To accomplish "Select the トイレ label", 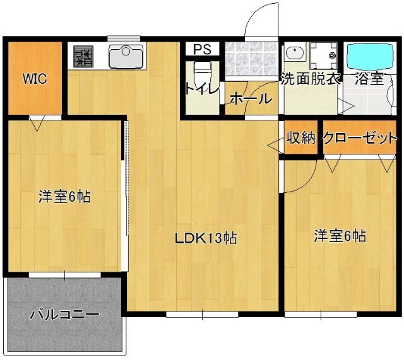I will click(x=201, y=89).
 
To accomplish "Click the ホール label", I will click(x=251, y=98).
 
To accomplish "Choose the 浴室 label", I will click(x=369, y=80).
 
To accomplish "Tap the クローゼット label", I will click(x=360, y=138).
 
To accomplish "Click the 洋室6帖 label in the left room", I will click(x=64, y=197).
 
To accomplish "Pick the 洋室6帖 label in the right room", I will click(x=340, y=236).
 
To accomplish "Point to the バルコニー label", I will click(x=64, y=314).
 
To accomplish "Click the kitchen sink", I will click(x=127, y=56).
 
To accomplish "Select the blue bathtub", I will click(x=371, y=57).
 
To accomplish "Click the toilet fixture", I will click(x=201, y=69).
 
